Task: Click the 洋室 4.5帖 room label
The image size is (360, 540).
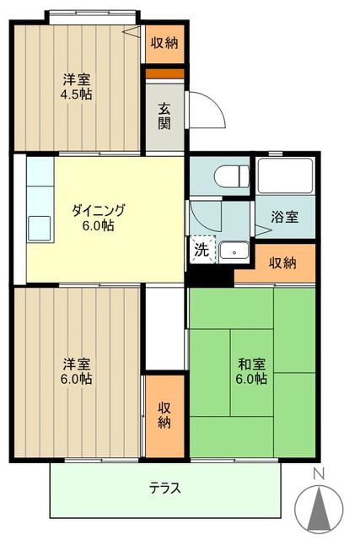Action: tap(77, 87)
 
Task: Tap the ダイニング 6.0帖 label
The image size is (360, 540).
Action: tap(98, 219)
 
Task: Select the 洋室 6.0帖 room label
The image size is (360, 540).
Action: tap(77, 371)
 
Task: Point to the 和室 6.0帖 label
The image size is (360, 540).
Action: tap(252, 371)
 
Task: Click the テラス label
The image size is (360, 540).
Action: tap(165, 488)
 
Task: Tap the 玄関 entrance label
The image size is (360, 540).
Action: tap(164, 117)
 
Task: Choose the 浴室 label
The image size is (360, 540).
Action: tap(285, 217)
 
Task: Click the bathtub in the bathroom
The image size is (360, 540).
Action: tap(284, 177)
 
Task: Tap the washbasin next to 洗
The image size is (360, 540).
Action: tap(232, 251)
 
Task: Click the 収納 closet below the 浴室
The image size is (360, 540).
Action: tap(282, 264)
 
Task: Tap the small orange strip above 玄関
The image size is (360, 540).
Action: tap(164, 73)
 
